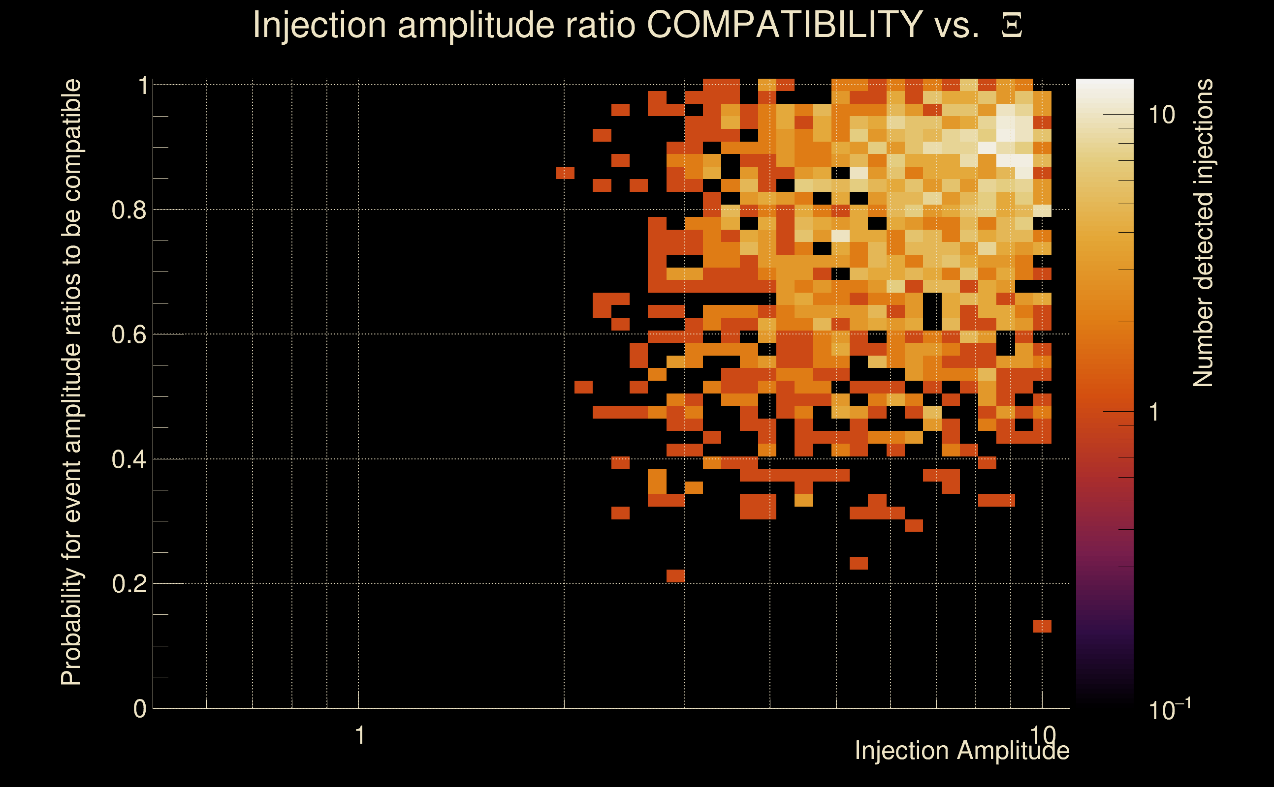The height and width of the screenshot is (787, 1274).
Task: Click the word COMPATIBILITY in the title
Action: tap(784, 25)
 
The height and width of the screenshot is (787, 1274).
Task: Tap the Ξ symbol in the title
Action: tap(1012, 26)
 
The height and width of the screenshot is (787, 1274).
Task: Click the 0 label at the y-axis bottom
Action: tap(140, 709)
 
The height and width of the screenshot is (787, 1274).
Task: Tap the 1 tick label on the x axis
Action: tap(359, 735)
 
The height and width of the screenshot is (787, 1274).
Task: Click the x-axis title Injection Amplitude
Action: tap(961, 751)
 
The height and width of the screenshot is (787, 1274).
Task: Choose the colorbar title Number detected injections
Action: tap(1203, 233)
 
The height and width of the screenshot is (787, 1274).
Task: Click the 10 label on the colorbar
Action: tap(1161, 115)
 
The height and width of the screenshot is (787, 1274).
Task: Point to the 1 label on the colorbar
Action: tap(1154, 412)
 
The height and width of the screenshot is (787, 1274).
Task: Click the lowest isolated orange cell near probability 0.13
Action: tap(1042, 626)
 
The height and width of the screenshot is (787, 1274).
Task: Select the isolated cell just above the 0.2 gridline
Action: tap(675, 575)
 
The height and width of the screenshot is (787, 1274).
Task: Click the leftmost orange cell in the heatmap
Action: tap(565, 172)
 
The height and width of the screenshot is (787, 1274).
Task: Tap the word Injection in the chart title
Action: tap(319, 25)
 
